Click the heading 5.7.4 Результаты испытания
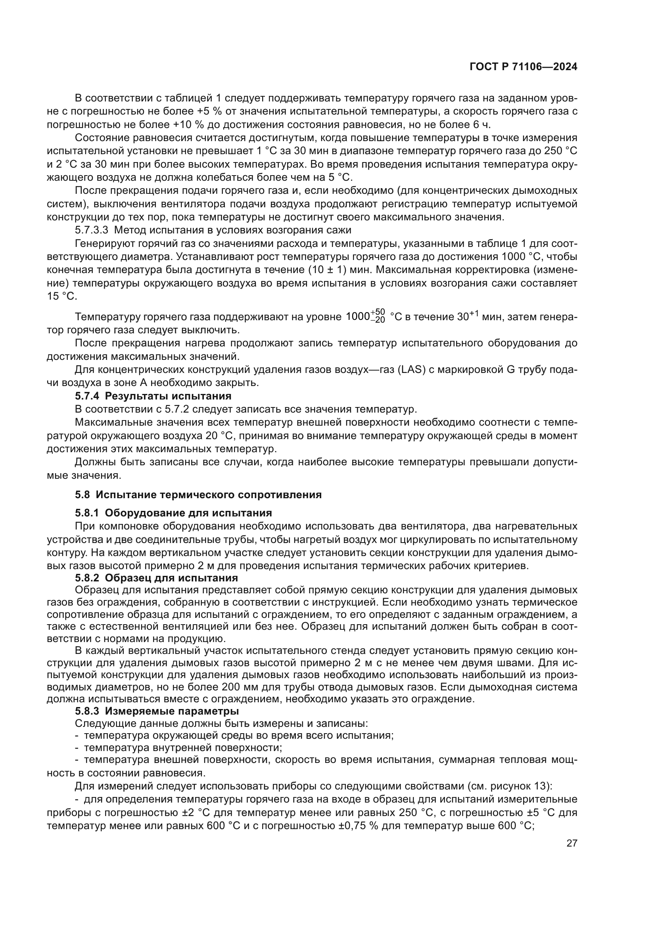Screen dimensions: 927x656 click(153, 396)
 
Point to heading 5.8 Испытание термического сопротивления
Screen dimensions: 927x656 click(198, 495)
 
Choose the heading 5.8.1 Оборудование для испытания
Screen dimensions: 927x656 click(173, 513)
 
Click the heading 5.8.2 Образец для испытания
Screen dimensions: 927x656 click(156, 578)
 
